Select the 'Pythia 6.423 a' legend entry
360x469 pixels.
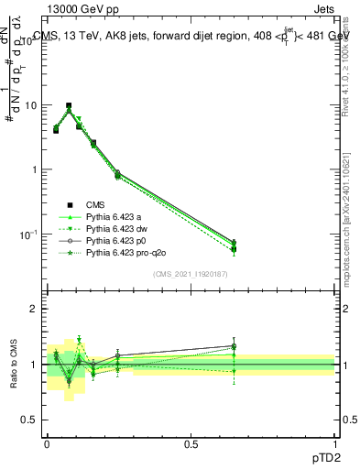(115, 216)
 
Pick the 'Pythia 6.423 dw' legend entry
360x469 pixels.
(117, 228)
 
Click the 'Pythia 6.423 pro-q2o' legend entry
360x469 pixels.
(126, 252)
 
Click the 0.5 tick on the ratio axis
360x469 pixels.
(31, 420)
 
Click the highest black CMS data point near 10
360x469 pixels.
(69, 106)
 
